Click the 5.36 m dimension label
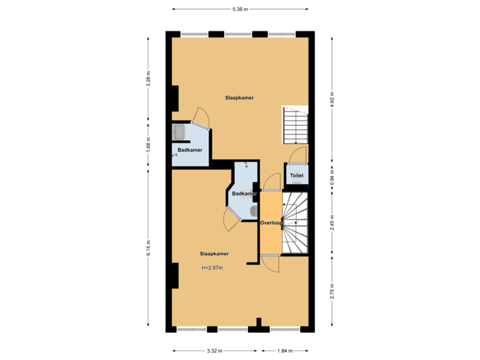pos(239,9)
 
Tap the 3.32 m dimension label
pos(214,351)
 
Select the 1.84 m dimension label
pos(286,351)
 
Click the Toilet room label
pos(297,176)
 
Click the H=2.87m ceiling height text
pos(212,268)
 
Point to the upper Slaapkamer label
pos(239,97)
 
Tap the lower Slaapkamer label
pos(215,253)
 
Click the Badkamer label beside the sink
pos(190,150)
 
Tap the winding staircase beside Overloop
pos(295,223)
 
